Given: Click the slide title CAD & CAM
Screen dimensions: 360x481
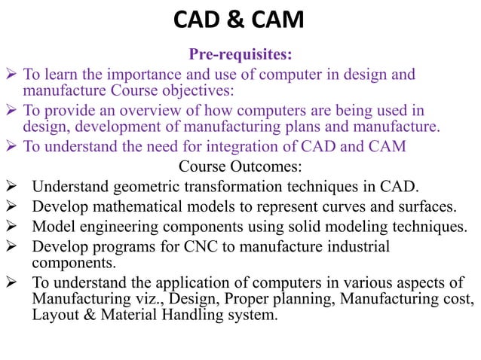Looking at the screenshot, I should [240, 20].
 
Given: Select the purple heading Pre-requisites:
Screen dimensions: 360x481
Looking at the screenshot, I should [240, 54].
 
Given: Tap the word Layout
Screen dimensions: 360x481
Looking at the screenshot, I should [54, 316].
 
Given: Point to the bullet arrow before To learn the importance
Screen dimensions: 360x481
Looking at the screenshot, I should [11, 75].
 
